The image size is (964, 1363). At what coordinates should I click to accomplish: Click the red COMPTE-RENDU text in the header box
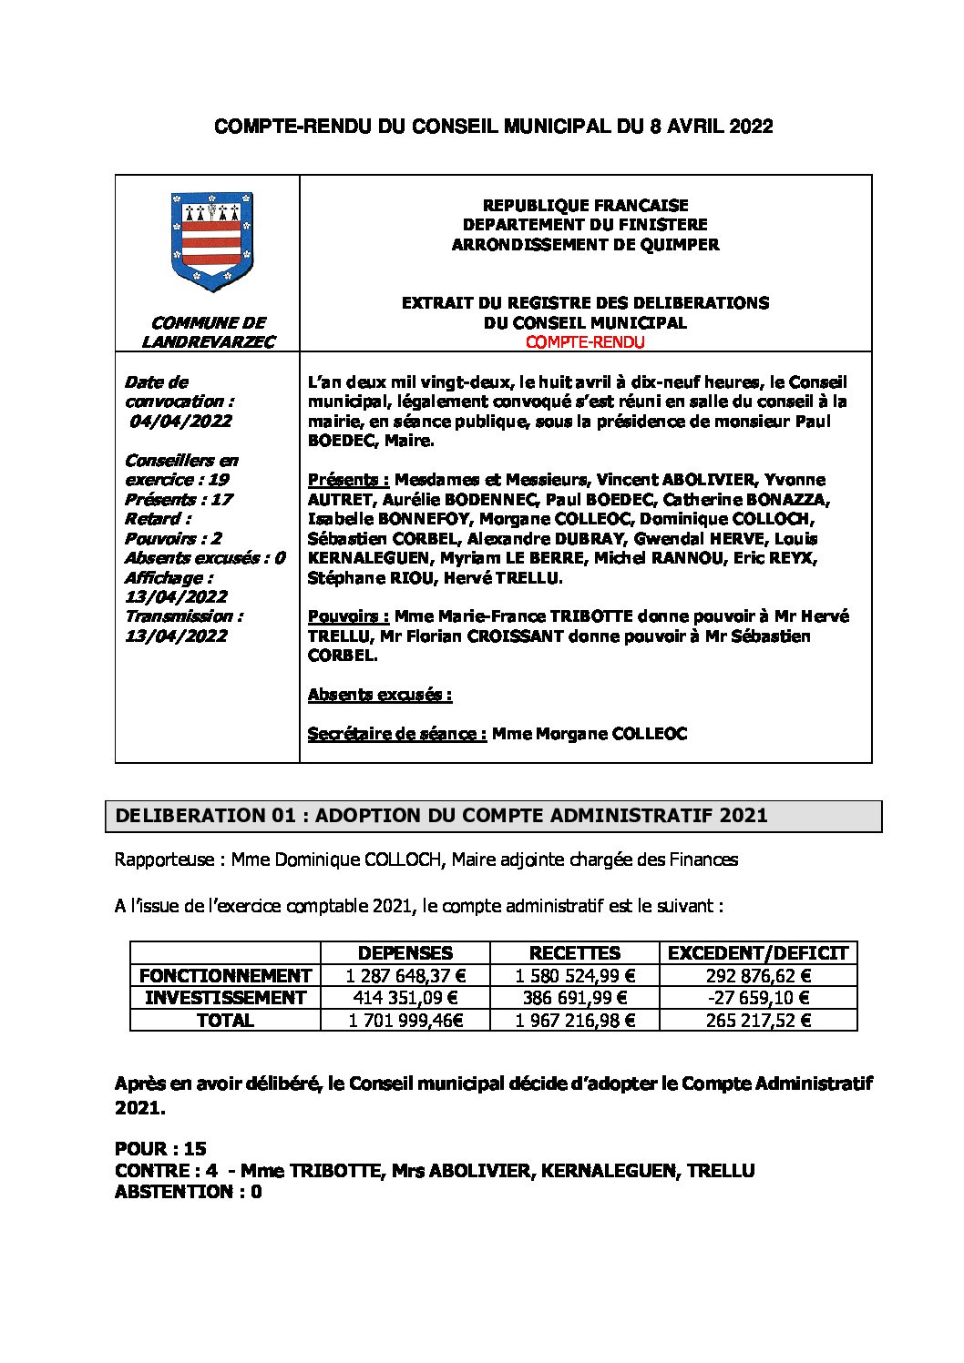(585, 342)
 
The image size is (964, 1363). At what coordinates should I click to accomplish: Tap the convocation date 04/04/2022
(179, 421)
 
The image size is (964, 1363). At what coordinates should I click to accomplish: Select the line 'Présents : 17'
(179, 499)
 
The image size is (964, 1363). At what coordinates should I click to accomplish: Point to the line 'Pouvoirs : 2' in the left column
(173, 538)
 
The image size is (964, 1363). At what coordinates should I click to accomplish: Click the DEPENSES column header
(405, 953)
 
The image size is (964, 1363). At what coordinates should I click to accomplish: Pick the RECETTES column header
(575, 953)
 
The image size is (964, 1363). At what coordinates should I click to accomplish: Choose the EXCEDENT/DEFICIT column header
(758, 953)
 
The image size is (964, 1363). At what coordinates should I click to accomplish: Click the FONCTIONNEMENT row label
(225, 975)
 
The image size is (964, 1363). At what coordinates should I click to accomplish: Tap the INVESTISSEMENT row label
(225, 998)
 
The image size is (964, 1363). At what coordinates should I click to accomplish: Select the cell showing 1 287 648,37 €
(405, 975)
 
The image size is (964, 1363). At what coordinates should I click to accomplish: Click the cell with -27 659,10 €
(758, 998)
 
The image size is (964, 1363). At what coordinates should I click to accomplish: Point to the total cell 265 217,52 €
(758, 1021)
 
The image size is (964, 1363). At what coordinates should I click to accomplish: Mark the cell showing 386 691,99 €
(575, 998)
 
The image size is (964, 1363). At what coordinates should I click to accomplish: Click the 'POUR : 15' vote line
(161, 1149)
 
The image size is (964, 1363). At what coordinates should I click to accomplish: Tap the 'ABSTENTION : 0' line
(189, 1192)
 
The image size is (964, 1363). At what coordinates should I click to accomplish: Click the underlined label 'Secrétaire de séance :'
(397, 734)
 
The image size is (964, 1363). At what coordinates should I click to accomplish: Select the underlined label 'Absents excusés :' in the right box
(380, 695)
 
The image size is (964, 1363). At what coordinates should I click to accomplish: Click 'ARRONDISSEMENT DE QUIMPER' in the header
(585, 244)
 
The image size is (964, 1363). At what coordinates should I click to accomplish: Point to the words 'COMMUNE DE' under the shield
(208, 322)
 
